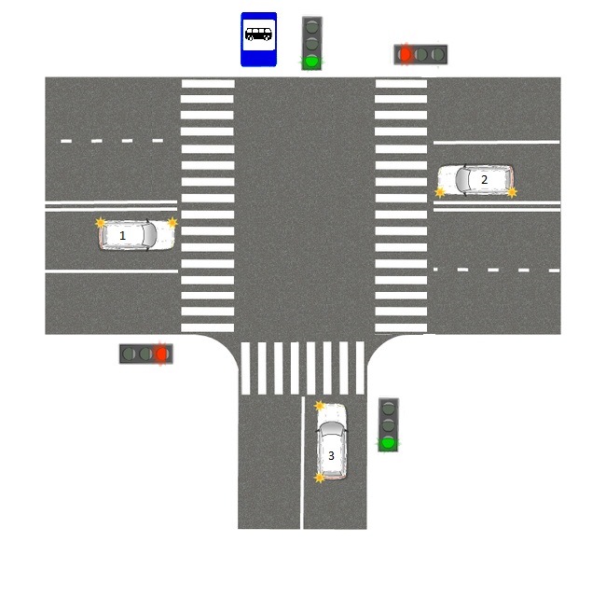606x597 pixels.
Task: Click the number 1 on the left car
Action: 122,236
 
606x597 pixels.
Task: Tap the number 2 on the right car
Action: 484,179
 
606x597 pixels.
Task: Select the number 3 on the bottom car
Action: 331,456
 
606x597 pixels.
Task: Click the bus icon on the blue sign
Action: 258,35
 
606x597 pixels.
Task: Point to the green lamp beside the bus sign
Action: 311,62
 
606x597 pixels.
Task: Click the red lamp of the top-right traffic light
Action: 406,54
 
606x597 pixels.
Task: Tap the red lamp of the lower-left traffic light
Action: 161,354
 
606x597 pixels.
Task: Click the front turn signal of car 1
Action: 172,223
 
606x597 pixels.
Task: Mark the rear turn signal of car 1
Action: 101,223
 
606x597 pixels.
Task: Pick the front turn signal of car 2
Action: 440,191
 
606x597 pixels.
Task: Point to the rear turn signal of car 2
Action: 512,191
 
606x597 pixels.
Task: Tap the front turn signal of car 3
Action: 320,406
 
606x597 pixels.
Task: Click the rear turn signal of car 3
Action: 320,478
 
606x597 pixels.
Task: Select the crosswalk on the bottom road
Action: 302,368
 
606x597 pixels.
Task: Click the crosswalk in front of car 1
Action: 207,205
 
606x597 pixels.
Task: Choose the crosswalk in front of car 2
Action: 402,205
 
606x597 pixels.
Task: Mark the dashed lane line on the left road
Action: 112,141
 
